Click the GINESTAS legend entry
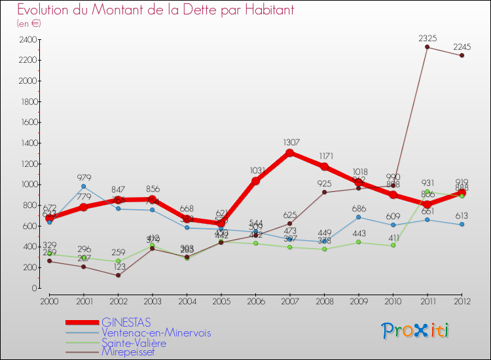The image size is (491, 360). click(x=126, y=322)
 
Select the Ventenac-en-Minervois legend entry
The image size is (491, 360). click(x=156, y=333)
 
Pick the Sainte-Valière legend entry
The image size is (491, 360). click(x=134, y=342)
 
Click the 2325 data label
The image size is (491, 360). click(x=427, y=39)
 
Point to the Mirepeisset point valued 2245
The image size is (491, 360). click(x=462, y=56)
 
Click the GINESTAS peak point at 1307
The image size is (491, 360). click(x=289, y=153)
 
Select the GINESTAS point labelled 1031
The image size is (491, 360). click(x=255, y=181)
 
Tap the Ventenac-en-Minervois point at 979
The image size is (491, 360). click(x=83, y=187)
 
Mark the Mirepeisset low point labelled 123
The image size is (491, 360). click(x=118, y=275)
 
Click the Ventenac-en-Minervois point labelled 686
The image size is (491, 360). click(x=359, y=217)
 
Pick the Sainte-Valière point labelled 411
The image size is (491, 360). click(x=393, y=245)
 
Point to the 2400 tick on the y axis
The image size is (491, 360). click(x=27, y=39)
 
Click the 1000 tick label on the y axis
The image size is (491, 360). click(x=27, y=185)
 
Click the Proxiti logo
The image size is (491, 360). click(x=416, y=331)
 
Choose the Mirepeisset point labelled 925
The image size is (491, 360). click(x=324, y=192)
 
